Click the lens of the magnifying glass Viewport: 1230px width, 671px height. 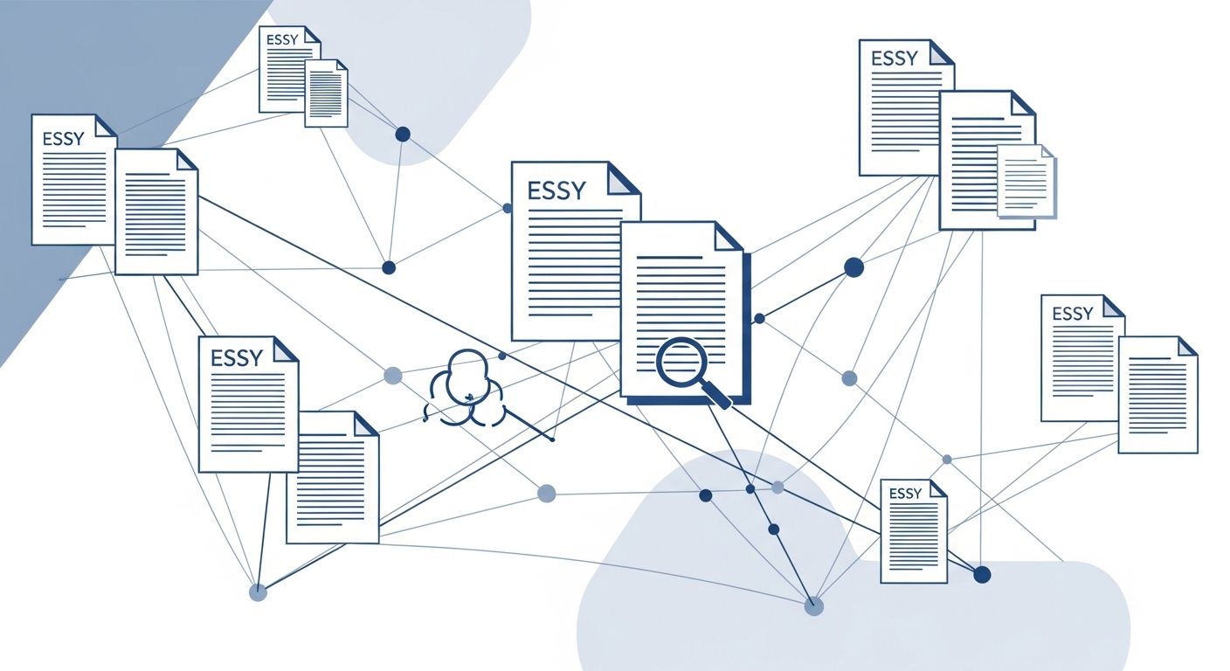(681, 362)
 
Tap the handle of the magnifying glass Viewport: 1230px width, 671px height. (716, 397)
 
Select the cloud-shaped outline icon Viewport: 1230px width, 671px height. (464, 390)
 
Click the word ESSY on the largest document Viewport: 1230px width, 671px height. (556, 190)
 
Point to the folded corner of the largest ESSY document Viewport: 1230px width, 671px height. (623, 177)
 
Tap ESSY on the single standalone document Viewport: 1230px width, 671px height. (904, 494)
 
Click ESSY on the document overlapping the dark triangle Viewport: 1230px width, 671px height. (63, 139)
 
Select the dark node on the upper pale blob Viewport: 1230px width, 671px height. (403, 135)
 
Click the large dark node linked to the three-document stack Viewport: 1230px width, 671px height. (853, 267)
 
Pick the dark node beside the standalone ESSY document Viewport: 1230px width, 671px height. (982, 574)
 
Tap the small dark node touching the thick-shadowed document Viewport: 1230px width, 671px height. (759, 319)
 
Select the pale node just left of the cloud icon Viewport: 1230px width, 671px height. (393, 376)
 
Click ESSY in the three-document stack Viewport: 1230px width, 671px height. (894, 59)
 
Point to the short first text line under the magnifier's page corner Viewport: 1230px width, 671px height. (669, 257)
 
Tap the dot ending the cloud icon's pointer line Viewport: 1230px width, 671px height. (552, 439)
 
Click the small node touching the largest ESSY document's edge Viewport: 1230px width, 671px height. (508, 208)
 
